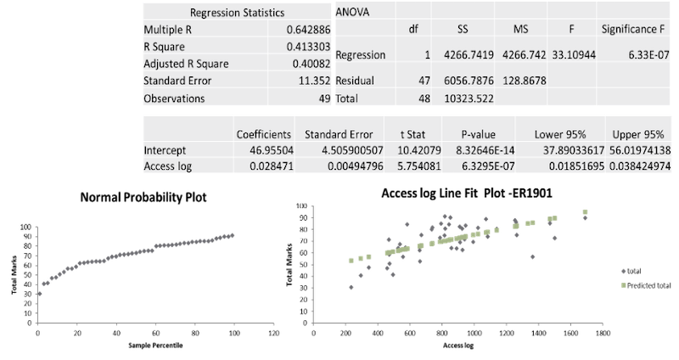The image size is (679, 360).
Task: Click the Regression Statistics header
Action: pos(237,13)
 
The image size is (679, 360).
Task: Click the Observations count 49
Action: pos(323,98)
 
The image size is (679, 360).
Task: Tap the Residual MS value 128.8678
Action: pos(522,82)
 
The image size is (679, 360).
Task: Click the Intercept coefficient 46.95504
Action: pos(270,150)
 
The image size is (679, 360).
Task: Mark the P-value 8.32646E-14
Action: pos(485,150)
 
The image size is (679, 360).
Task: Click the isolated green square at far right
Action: pos(623,284)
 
